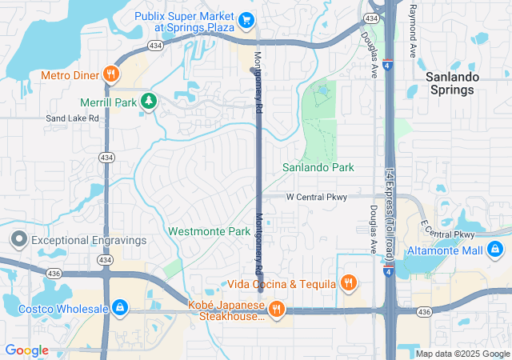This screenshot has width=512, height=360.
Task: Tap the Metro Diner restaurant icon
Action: tap(111, 75)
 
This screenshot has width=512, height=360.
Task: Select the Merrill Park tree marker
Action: tap(147, 102)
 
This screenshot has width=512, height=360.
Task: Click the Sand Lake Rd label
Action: tap(72, 118)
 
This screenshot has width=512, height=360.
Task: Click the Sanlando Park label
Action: tap(318, 168)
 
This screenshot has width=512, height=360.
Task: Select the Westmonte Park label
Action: tap(209, 231)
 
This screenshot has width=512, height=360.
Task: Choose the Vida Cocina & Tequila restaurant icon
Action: tap(348, 283)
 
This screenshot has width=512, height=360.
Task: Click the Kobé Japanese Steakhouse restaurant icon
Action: tap(276, 310)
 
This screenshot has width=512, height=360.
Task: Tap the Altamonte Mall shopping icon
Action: tap(495, 251)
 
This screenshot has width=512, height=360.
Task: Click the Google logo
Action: tap(26, 350)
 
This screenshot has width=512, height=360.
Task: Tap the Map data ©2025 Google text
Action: tap(462, 354)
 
